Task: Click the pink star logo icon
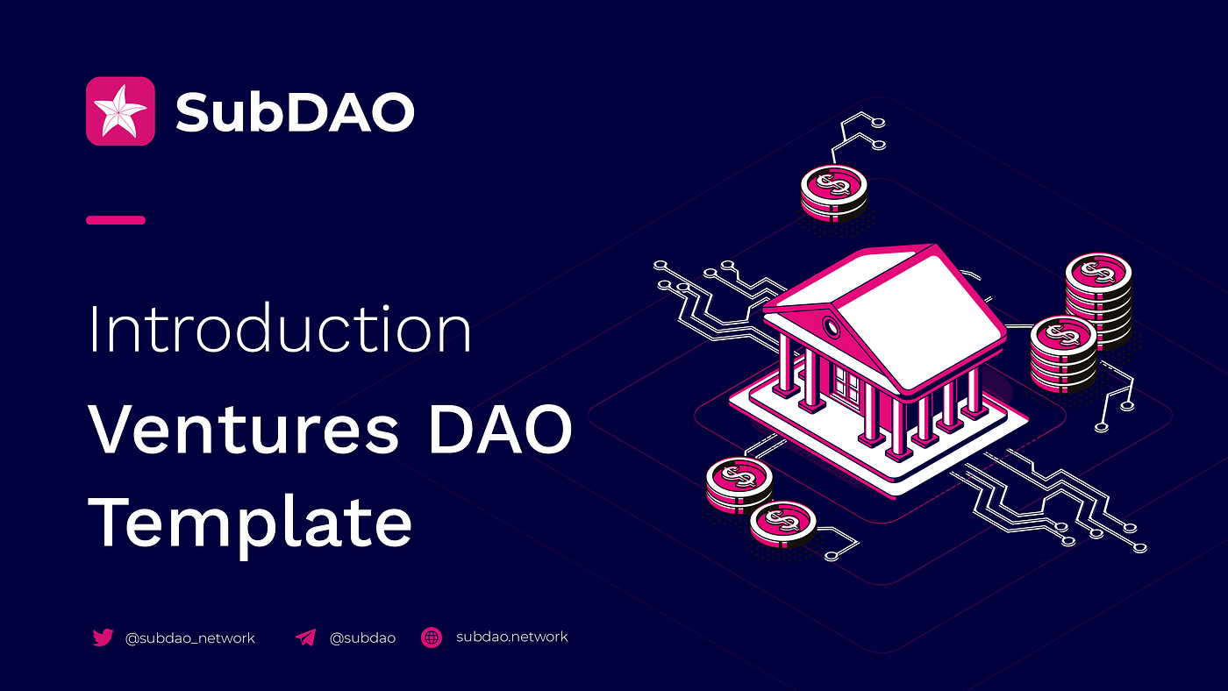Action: click(120, 111)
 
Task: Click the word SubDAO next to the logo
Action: click(295, 111)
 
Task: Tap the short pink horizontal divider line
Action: click(116, 220)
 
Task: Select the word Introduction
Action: click(280, 328)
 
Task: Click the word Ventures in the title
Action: click(243, 429)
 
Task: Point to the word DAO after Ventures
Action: click(500, 429)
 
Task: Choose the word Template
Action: click(249, 523)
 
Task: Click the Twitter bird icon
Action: click(103, 638)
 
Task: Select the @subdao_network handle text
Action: click(189, 638)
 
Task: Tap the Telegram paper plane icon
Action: click(306, 638)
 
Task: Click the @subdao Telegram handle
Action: click(362, 638)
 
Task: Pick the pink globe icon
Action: click(432, 638)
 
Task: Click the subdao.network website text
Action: click(512, 637)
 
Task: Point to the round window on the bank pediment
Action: click(832, 328)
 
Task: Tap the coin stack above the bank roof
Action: click(834, 193)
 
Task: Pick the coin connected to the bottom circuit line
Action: click(783, 524)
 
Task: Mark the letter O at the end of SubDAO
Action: click(392, 112)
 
